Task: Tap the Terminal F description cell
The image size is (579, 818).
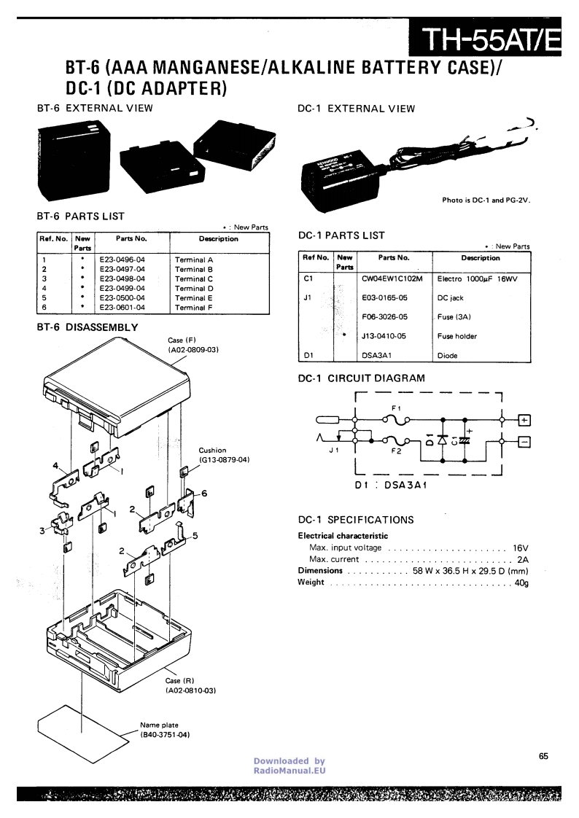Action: click(x=194, y=308)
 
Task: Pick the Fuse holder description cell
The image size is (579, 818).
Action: click(x=456, y=337)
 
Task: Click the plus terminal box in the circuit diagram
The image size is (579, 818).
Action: click(x=524, y=420)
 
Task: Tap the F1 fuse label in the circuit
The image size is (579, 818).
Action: click(x=396, y=407)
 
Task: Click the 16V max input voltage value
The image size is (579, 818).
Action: click(x=519, y=548)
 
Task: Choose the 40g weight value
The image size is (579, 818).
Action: click(x=521, y=583)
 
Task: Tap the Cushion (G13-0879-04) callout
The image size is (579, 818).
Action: click(x=224, y=455)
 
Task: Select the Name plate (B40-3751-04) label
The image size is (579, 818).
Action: click(x=165, y=730)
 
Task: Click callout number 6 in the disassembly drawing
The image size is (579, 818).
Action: click(x=204, y=494)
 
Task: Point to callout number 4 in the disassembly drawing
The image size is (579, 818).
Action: click(x=55, y=464)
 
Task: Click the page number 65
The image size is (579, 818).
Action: click(x=544, y=756)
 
